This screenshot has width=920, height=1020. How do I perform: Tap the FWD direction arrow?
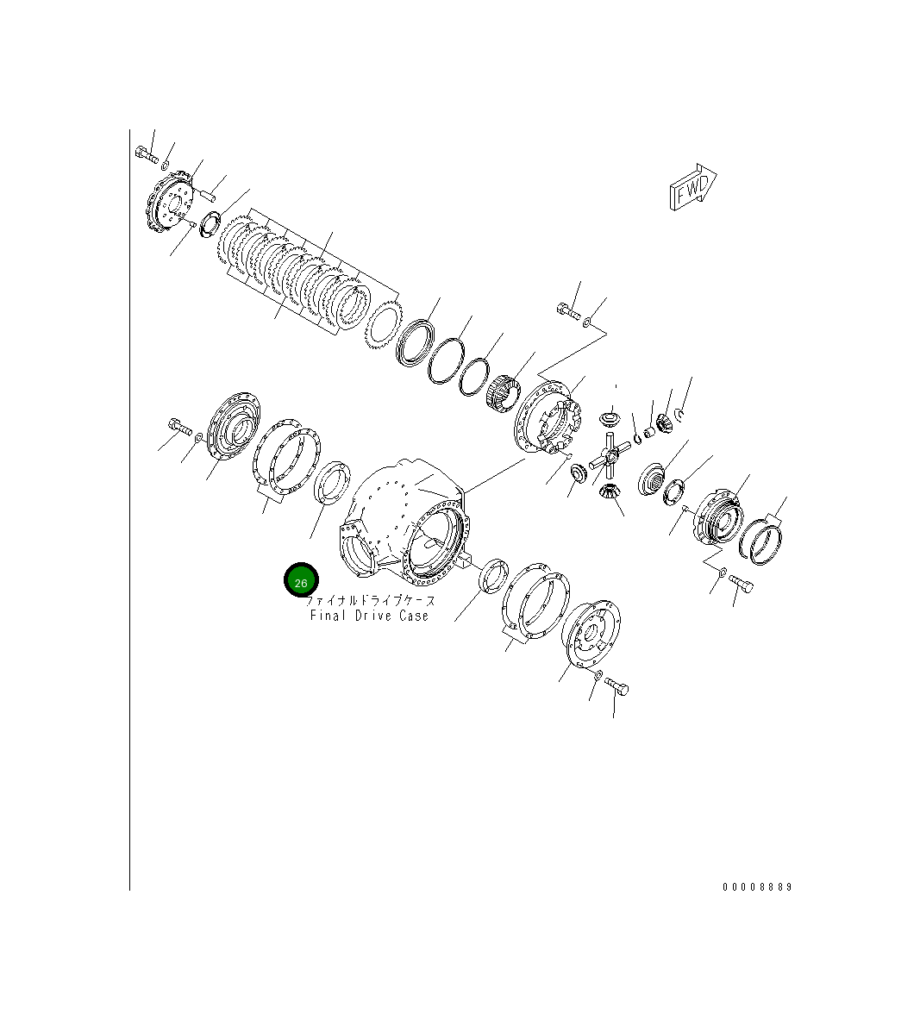(692, 187)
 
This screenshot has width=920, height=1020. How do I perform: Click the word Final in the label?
(328, 616)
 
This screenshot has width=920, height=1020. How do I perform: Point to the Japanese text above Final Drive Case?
(371, 600)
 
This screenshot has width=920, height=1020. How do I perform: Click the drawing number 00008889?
(756, 886)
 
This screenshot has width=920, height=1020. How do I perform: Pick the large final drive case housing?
(405, 522)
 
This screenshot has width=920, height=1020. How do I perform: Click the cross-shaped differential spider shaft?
(609, 457)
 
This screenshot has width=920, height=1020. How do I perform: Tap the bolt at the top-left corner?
(146, 156)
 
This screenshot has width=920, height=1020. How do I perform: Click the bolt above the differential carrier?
(568, 312)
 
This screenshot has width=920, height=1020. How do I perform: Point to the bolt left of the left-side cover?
(178, 427)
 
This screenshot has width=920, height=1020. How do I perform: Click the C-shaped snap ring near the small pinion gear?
(680, 416)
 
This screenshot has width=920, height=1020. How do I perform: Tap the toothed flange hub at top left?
(170, 210)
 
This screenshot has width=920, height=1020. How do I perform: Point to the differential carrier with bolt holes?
(547, 417)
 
